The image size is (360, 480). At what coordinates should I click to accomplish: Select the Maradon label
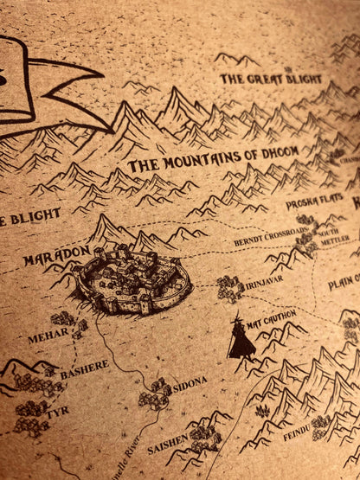pos(56,258)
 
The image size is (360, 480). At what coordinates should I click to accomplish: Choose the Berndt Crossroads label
pos(270,238)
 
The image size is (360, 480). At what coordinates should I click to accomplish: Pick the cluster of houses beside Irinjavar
pos(229,287)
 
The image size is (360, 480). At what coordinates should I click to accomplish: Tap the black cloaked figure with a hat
pos(240,337)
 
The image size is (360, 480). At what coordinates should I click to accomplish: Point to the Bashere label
pos(84,369)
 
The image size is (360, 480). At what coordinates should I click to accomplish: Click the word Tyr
pos(58,413)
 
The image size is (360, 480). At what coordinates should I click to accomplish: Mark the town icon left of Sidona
pos(155,394)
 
